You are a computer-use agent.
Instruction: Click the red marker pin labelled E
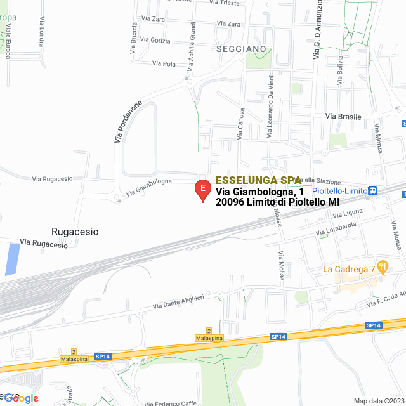202,190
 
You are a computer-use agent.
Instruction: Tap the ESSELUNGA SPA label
258,180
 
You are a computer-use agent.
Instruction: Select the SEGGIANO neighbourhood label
240,48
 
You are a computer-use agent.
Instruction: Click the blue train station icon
373,190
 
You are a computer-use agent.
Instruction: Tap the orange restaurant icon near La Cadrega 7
383,268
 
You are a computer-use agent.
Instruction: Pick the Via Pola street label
164,63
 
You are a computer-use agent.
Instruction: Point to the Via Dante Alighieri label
178,302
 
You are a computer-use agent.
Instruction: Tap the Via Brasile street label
343,117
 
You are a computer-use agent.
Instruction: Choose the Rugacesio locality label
75,232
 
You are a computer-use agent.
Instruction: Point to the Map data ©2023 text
378,401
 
